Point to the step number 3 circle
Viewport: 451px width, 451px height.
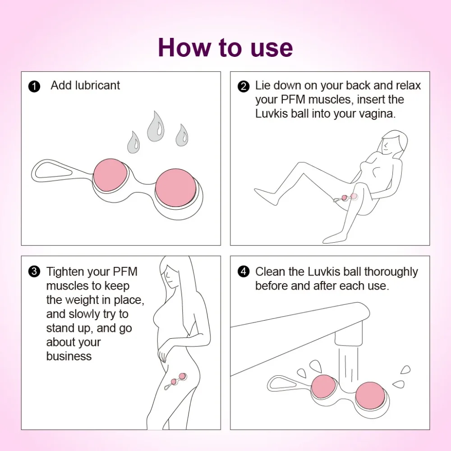pyautogui.click(x=34, y=272)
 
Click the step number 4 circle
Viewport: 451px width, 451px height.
pyautogui.click(x=244, y=272)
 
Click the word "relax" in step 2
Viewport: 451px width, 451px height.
pyautogui.click(x=408, y=86)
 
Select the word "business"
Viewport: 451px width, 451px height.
pyautogui.click(x=69, y=356)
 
